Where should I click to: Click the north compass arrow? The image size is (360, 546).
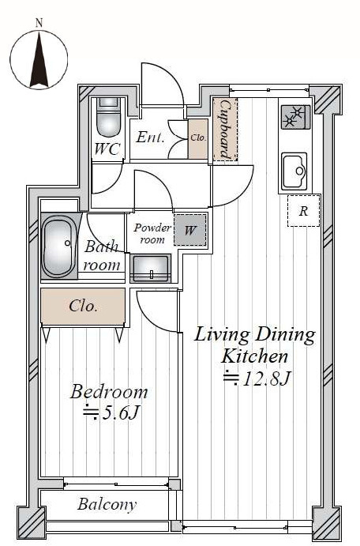[x=39, y=60]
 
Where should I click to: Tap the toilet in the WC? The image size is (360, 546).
[x=108, y=119]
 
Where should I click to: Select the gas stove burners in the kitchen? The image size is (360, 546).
[x=295, y=117]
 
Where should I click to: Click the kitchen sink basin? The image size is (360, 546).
[x=294, y=171]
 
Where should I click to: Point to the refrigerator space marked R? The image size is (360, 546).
[x=304, y=211]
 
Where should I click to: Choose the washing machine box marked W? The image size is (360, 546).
[x=190, y=230]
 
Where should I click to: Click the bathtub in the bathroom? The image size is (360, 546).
[x=59, y=246]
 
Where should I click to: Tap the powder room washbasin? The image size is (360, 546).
[x=150, y=268]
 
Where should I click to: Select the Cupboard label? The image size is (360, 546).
[x=225, y=129]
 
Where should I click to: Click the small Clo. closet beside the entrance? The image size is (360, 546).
[x=198, y=138]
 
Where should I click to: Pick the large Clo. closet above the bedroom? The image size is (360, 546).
[x=83, y=306]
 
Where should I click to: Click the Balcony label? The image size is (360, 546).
[x=107, y=504]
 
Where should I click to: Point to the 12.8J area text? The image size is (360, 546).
[x=257, y=378]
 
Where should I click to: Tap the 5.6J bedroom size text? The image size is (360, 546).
[x=111, y=413]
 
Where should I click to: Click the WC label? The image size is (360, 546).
[x=107, y=149]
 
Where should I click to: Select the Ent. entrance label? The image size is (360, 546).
[x=150, y=137]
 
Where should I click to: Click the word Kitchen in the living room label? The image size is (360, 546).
[x=255, y=356]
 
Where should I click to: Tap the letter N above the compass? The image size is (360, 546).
[x=39, y=24]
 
